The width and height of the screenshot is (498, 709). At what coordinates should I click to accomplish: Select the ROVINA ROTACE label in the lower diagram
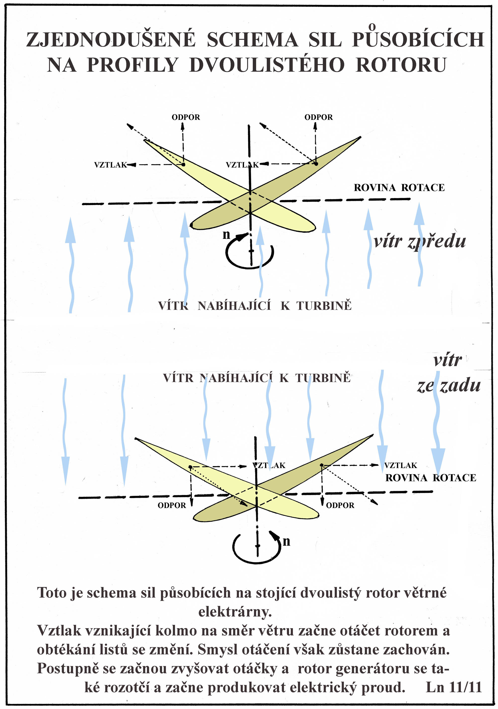pyautogui.click(x=431, y=478)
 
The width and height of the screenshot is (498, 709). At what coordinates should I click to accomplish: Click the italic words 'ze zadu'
pyautogui.click(x=449, y=386)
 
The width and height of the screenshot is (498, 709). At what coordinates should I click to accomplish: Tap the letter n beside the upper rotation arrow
pyautogui.click(x=227, y=235)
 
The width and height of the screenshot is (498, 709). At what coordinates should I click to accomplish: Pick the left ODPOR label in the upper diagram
pyautogui.click(x=186, y=117)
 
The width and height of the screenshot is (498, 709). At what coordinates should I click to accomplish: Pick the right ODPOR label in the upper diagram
pyautogui.click(x=319, y=117)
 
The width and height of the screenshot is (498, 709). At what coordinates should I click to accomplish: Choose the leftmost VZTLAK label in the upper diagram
pyautogui.click(x=110, y=165)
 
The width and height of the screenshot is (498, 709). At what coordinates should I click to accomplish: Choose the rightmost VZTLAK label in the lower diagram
pyautogui.click(x=401, y=465)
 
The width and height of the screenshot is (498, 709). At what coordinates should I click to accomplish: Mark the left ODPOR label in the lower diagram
pyautogui.click(x=172, y=505)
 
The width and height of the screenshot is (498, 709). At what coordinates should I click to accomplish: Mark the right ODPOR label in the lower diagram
pyautogui.click(x=340, y=505)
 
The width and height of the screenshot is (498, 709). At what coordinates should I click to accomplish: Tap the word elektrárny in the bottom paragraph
pyautogui.click(x=235, y=612)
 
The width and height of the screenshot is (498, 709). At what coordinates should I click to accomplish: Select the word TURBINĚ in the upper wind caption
pyautogui.click(x=324, y=306)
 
